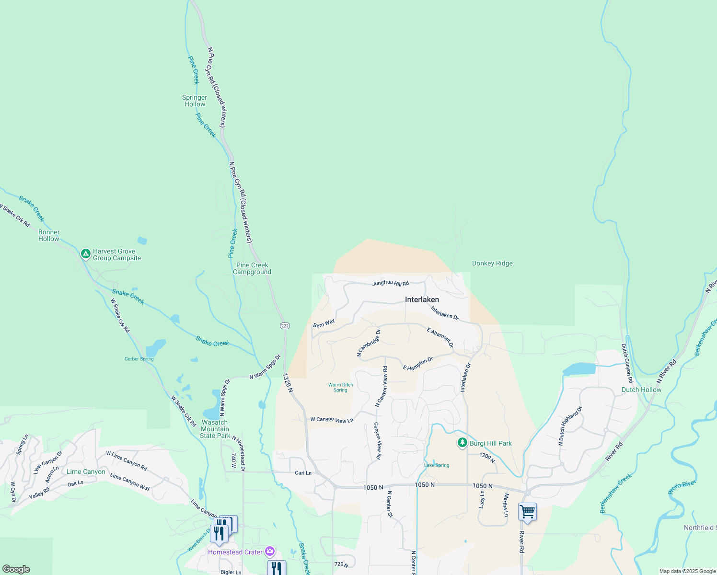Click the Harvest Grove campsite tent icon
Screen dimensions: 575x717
click(x=86, y=254)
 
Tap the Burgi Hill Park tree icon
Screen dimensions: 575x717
click(x=462, y=443)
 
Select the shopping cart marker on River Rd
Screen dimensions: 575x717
click(x=527, y=512)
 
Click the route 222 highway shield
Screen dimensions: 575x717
click(x=285, y=326)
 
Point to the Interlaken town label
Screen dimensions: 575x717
click(x=422, y=299)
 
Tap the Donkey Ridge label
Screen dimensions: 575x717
click(x=492, y=264)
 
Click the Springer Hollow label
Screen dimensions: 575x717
click(x=195, y=101)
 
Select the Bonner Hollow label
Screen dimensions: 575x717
click(x=49, y=235)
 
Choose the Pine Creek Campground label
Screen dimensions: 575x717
click(x=252, y=268)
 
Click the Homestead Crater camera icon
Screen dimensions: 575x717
click(x=270, y=551)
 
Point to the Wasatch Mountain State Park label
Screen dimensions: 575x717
click(x=215, y=429)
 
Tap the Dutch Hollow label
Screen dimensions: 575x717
click(x=641, y=390)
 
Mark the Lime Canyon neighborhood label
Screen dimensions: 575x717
click(x=86, y=471)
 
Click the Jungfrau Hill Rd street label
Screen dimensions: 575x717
click(x=391, y=284)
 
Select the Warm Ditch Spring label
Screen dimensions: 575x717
click(x=340, y=387)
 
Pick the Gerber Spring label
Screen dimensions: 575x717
click(x=139, y=359)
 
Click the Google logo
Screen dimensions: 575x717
click(x=16, y=569)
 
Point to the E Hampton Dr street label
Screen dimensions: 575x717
click(x=418, y=364)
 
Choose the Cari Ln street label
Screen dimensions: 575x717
click(x=303, y=473)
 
